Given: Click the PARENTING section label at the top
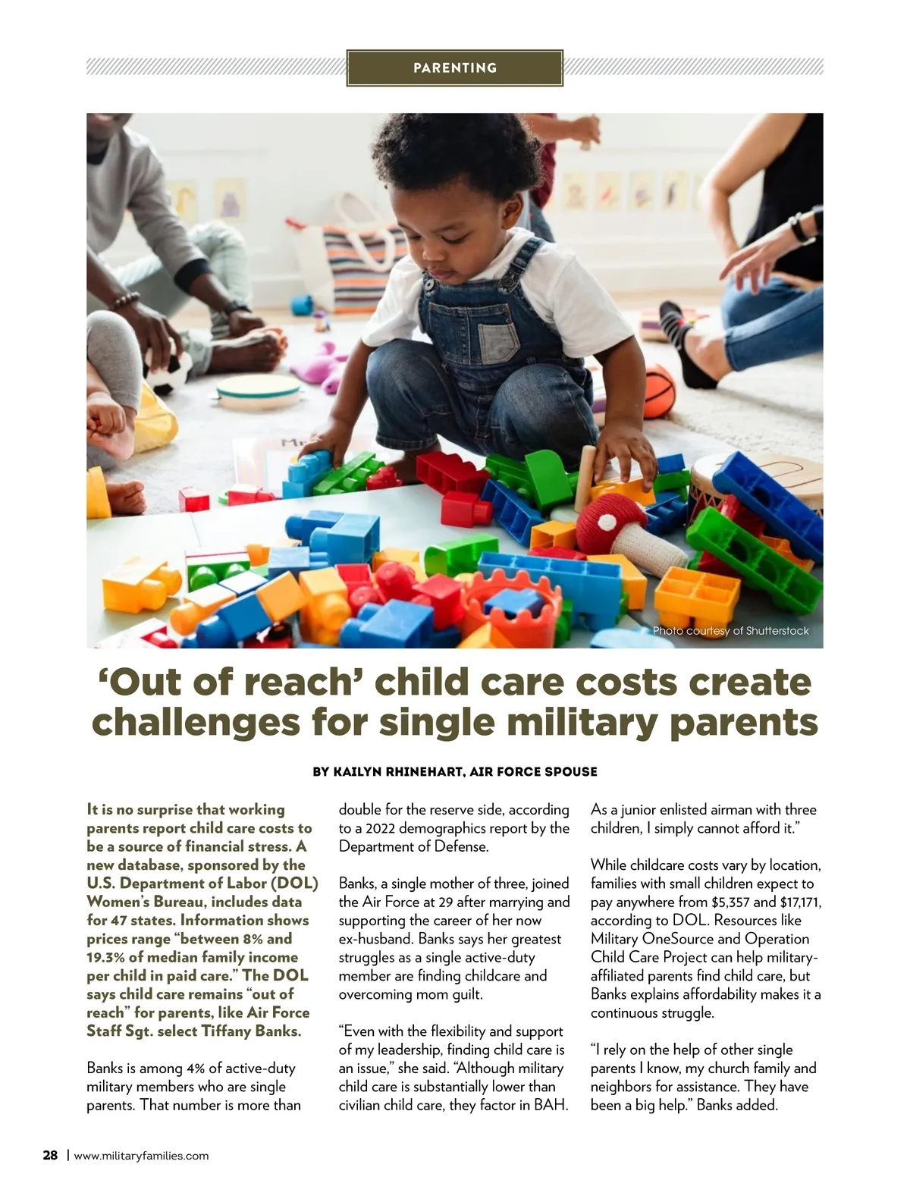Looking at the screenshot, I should (455, 67).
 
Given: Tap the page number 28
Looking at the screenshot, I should (50, 1156).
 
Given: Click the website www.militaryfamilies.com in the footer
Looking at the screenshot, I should (141, 1156).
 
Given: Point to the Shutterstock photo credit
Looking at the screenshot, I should (730, 631).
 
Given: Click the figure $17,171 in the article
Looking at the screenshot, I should (795, 902).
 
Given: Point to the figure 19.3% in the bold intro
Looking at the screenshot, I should (108, 957).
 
